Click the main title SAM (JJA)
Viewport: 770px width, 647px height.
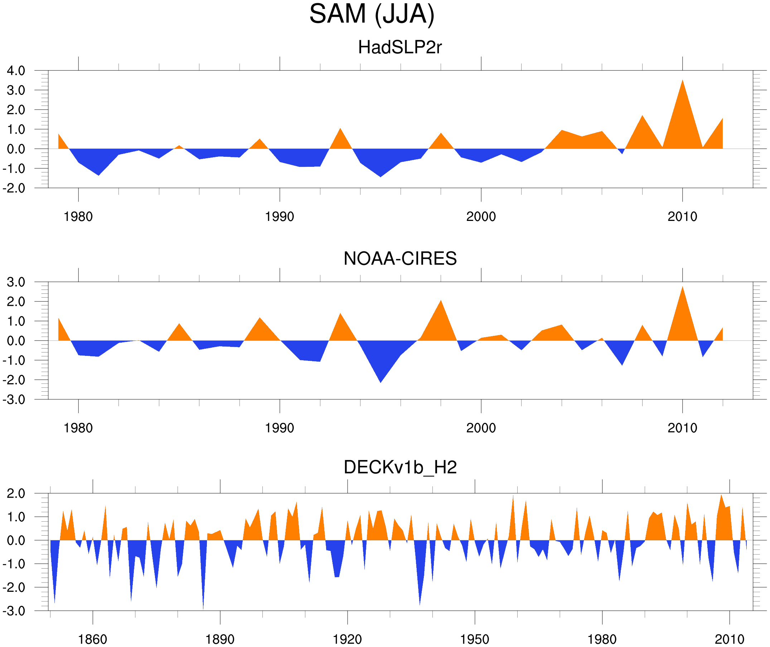click(372, 14)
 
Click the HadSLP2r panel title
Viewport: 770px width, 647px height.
click(399, 47)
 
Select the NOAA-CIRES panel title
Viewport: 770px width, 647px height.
click(399, 259)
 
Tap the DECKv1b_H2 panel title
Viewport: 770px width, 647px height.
click(399, 467)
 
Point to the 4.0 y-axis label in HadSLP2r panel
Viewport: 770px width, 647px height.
click(16, 71)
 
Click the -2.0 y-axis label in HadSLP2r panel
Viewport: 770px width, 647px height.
click(14, 188)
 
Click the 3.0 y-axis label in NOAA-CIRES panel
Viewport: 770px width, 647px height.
click(16, 282)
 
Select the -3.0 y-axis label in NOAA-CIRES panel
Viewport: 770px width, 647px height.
click(14, 400)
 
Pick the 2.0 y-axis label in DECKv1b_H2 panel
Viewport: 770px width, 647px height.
click(16, 494)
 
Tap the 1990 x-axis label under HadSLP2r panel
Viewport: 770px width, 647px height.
click(280, 217)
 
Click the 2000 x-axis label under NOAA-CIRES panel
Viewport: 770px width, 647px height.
click(481, 428)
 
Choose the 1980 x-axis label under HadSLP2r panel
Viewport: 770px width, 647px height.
click(78, 217)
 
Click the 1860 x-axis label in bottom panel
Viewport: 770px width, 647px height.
click(92, 639)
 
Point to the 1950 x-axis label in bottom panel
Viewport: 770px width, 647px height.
click(474, 639)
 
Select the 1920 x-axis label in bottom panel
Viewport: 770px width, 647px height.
click(347, 639)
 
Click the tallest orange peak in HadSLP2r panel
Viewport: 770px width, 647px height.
click(682, 82)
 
